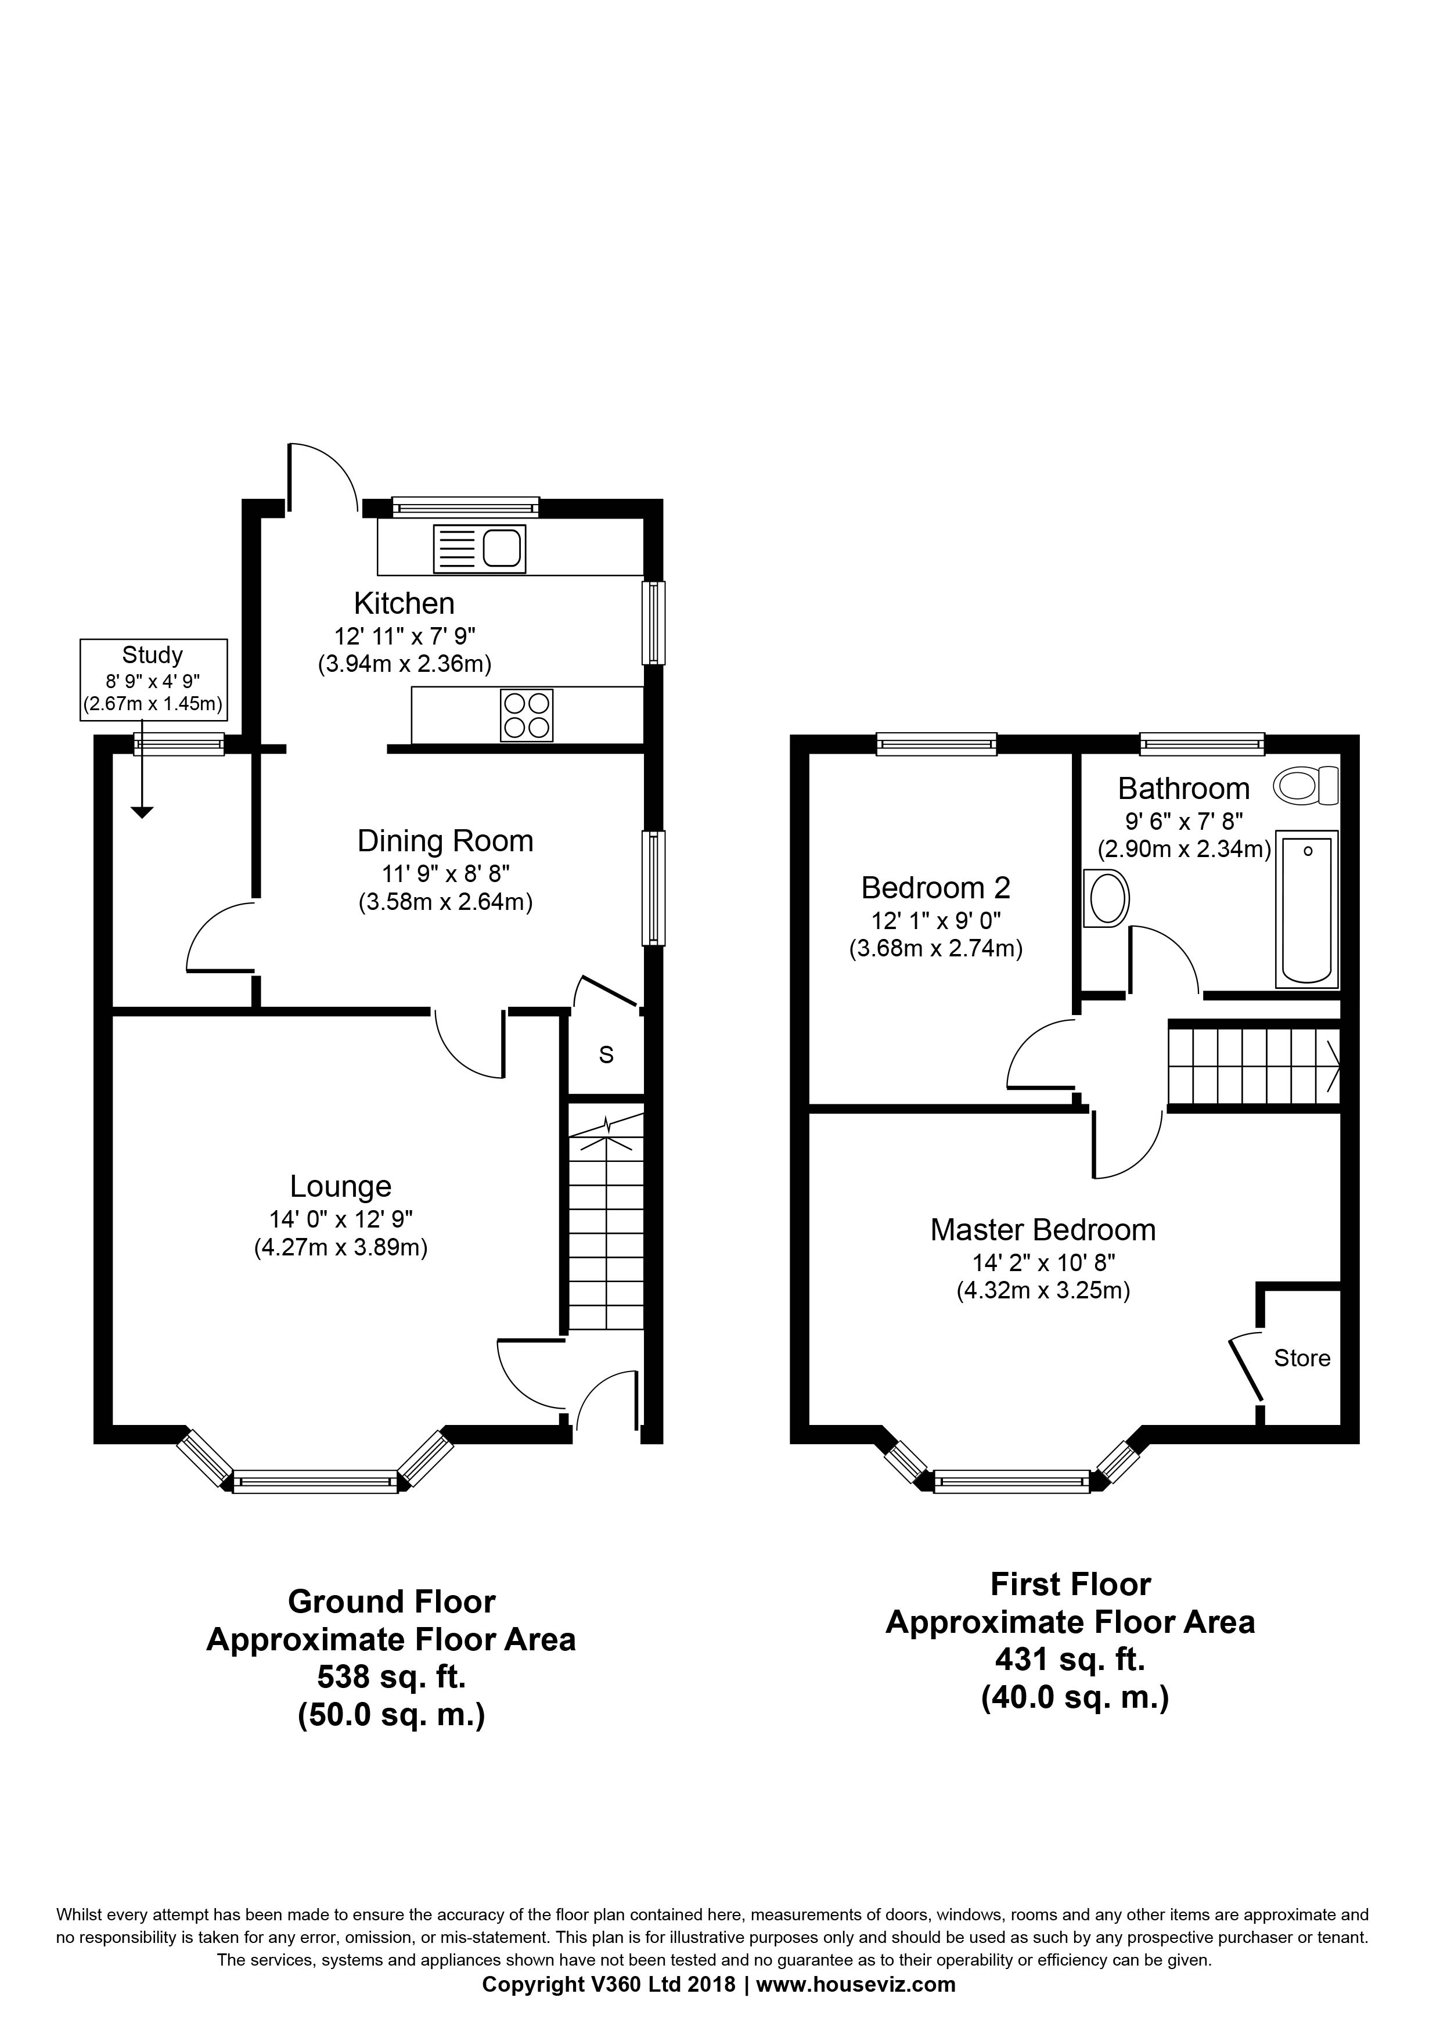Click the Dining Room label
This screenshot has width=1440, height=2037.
pyautogui.click(x=445, y=841)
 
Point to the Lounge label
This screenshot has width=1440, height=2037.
pyautogui.click(x=341, y=1186)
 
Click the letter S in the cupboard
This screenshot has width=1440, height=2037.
pyautogui.click(x=607, y=1055)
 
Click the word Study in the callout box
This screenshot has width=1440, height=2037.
pyautogui.click(x=153, y=656)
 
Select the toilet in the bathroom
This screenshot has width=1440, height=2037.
pyautogui.click(x=1306, y=786)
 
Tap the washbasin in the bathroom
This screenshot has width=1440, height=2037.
pyautogui.click(x=1106, y=899)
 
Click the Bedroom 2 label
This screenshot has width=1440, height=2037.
pyautogui.click(x=936, y=887)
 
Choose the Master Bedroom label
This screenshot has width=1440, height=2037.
pyautogui.click(x=1043, y=1230)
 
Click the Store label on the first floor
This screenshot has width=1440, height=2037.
pyautogui.click(x=1302, y=1358)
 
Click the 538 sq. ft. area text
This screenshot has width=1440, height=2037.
pyautogui.click(x=391, y=1677)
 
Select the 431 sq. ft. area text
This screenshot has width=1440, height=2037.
pyautogui.click(x=1071, y=1658)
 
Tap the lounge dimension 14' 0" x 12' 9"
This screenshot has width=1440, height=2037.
pyautogui.click(x=341, y=1219)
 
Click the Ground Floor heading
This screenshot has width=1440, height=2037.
pyautogui.click(x=391, y=1602)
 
